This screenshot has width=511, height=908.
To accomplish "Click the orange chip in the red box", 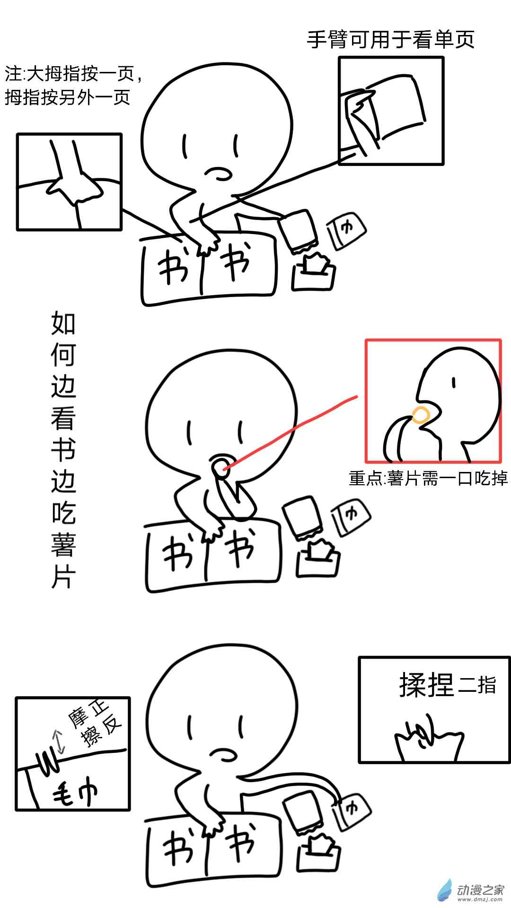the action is (421, 415).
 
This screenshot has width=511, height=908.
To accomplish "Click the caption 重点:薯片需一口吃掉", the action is (428, 478).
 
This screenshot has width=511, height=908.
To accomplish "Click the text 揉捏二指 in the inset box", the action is (448, 684).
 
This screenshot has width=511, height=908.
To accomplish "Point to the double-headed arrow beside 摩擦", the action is (59, 742).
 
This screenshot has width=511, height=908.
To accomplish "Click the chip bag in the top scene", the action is (299, 232).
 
